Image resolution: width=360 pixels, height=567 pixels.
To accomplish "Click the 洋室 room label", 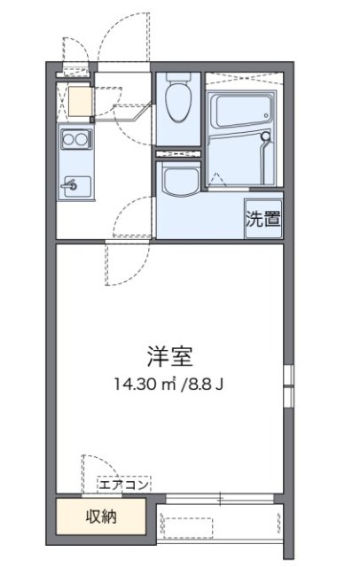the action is [x=169, y=356].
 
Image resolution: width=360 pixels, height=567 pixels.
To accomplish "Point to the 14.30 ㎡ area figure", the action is [x=145, y=384].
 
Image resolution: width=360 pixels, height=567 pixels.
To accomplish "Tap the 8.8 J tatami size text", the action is [x=205, y=384].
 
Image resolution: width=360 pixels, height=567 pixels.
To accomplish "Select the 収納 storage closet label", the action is [x=101, y=517].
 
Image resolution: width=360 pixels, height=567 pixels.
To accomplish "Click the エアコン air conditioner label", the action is [x=124, y=485].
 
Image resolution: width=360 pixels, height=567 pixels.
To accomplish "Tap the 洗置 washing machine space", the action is [x=263, y=219].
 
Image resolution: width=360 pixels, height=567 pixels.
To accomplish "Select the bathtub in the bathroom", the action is [x=242, y=110].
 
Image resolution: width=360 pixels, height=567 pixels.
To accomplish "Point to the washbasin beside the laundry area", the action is [x=181, y=179].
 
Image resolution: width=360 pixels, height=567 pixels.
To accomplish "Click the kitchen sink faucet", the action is [x=71, y=185].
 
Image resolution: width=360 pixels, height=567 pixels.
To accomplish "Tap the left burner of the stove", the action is [x=68, y=138].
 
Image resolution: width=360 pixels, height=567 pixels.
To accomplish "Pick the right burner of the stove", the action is [x=81, y=138].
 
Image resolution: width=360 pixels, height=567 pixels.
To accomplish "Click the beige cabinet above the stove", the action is [x=80, y=101].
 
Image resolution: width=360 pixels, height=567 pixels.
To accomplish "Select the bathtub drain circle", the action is [x=266, y=116].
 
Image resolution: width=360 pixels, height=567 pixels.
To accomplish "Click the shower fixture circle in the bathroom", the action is [x=266, y=136].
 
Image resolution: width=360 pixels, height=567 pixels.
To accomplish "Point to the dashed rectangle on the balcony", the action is [x=187, y=528].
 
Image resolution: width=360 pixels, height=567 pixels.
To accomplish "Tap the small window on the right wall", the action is [x=288, y=386].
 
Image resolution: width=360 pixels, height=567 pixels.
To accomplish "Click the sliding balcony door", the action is [x=220, y=499].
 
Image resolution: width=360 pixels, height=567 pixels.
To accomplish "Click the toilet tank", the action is [x=178, y=77].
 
